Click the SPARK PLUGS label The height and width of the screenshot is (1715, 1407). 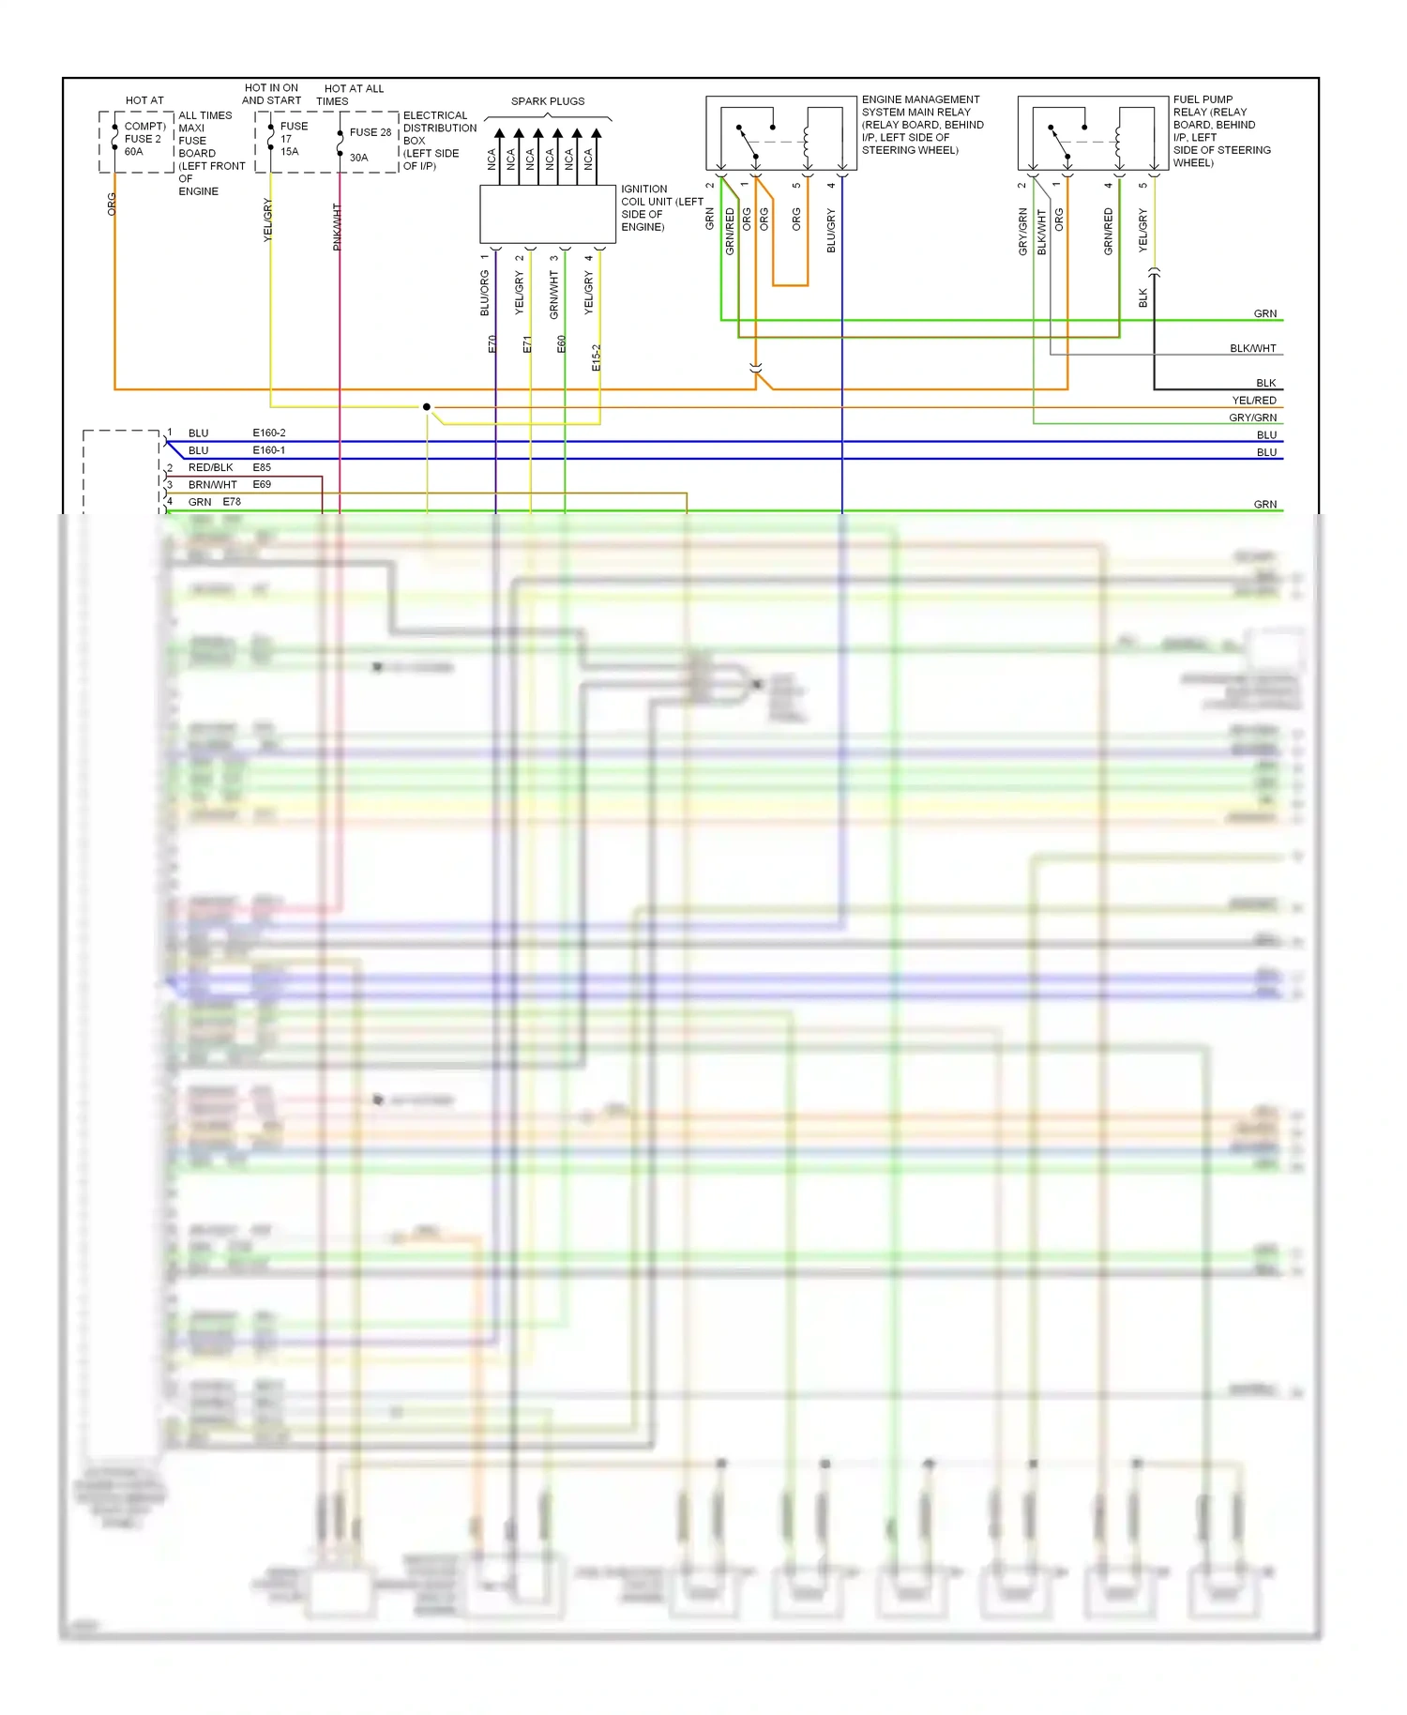point(548,101)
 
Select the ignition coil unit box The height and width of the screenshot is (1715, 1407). point(548,214)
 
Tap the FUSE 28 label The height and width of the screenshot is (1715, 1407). point(371,132)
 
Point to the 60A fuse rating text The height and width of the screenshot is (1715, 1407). point(134,152)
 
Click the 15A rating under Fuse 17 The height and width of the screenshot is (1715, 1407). point(290,152)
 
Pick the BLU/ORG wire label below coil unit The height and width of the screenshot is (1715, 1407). point(485,293)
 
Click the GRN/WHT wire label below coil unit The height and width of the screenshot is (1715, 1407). point(554,295)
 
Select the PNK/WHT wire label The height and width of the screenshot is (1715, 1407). point(337,227)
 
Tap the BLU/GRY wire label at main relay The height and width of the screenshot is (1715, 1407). point(831,231)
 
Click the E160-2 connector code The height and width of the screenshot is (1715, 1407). point(269,433)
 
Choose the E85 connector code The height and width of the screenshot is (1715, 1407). point(262,467)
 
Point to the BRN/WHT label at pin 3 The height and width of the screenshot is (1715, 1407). point(213,485)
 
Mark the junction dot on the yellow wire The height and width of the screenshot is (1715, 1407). point(427,406)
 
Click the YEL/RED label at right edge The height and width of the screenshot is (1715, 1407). point(1254,401)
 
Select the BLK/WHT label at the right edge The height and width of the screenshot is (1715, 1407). point(1253,349)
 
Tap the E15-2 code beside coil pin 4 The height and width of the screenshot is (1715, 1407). point(597,357)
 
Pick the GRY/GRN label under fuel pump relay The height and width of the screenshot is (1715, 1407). point(1023,232)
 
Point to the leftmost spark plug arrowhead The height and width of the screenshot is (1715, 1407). point(500,134)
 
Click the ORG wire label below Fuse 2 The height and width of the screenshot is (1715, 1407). point(112,205)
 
